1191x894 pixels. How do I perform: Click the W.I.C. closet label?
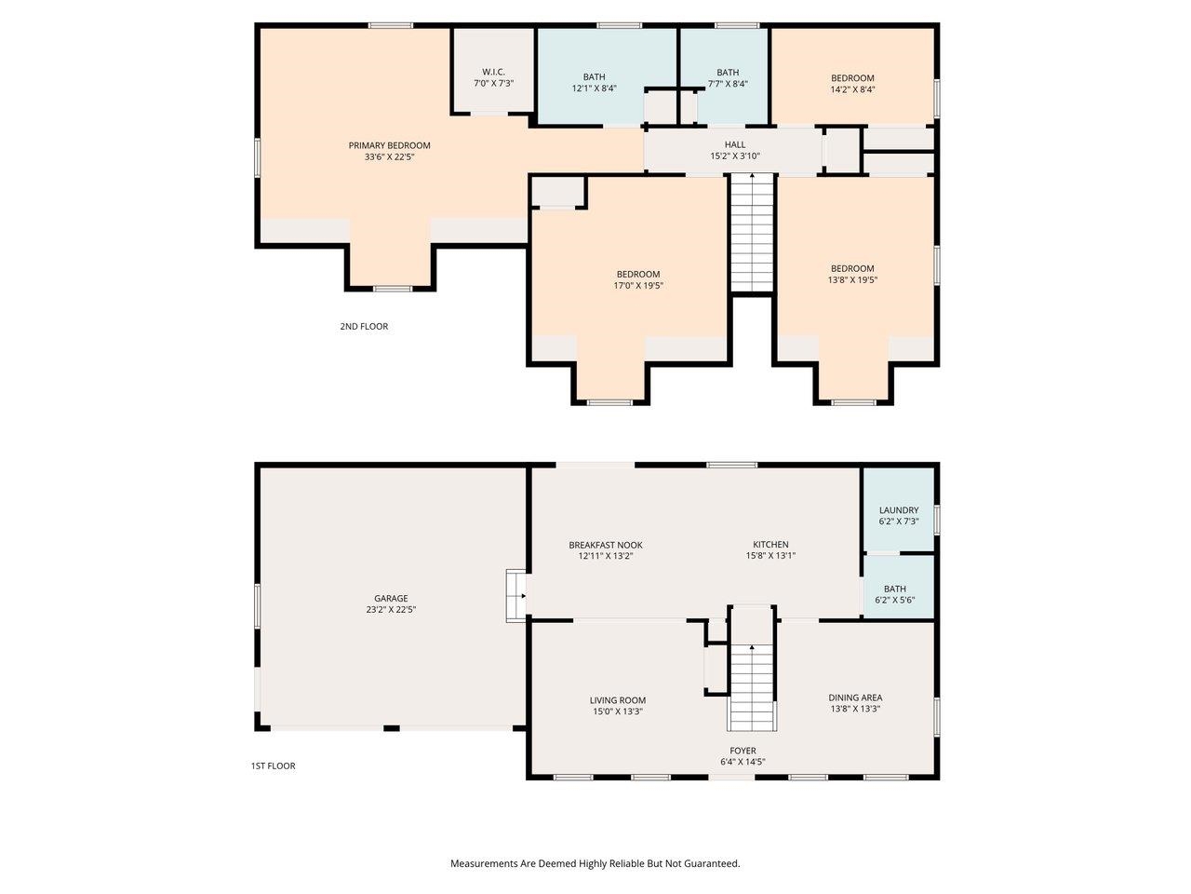[493, 77]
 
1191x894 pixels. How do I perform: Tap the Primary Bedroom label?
[389, 151]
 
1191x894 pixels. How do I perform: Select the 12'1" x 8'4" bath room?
[594, 83]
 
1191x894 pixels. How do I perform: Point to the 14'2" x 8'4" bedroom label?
[852, 84]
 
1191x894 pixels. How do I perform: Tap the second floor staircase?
[752, 233]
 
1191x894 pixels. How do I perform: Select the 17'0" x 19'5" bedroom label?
[637, 279]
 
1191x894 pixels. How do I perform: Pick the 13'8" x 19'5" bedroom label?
[852, 274]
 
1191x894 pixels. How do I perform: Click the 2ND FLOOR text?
[364, 327]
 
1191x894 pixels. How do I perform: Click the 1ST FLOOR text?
[273, 766]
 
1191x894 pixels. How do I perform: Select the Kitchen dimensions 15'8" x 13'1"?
[770, 556]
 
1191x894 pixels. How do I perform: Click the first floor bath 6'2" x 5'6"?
[895, 594]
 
